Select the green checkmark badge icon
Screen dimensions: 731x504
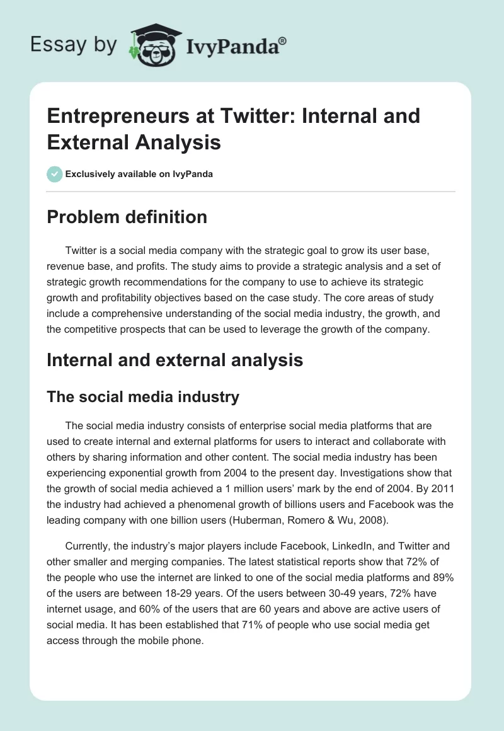(55, 174)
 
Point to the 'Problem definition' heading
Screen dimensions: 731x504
(127, 217)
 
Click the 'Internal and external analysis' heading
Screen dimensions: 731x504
(175, 360)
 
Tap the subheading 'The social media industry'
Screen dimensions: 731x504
(143, 396)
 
